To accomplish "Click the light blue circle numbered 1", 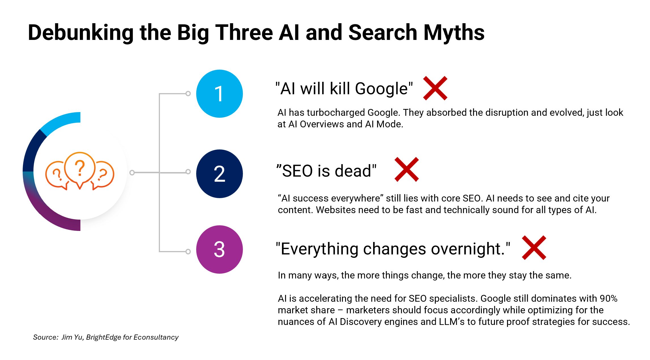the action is tap(219, 94).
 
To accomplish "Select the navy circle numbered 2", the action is tap(219, 173).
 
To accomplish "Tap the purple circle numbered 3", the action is tap(219, 249).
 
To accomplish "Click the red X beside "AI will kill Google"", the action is tap(435, 88).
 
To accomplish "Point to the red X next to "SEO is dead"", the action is tap(407, 169).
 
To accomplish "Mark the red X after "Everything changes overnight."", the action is tap(534, 248).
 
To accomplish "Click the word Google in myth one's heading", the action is tap(381, 89).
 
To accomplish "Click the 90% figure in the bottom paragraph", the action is tap(609, 298).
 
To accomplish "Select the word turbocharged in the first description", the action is tap(336, 113).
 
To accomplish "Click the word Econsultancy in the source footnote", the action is tap(156, 337).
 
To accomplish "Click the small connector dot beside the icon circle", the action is tap(132, 172).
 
